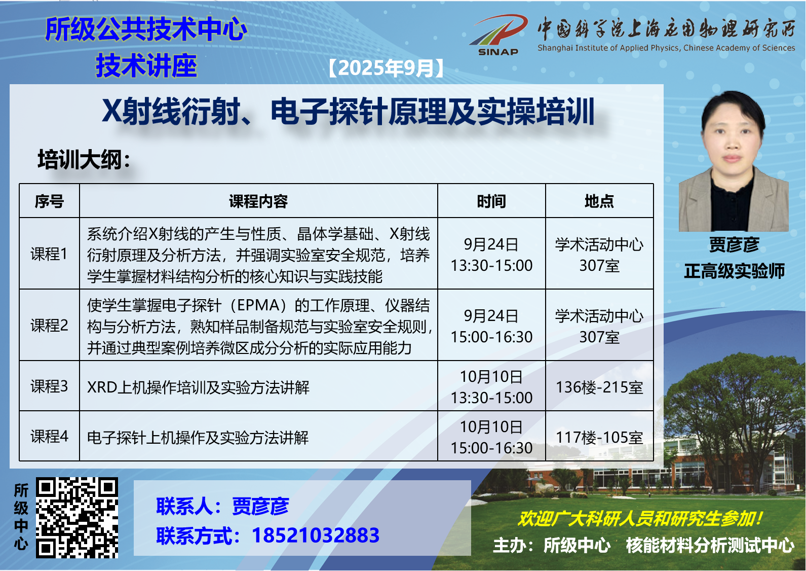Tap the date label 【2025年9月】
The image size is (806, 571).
[x=387, y=68]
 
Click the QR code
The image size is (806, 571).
[x=76, y=518]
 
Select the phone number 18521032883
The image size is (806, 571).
[x=316, y=535]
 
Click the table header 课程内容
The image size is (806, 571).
[x=258, y=201]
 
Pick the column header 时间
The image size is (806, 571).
[x=491, y=201]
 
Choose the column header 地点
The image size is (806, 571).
[x=599, y=201]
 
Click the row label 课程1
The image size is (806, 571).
[x=49, y=254]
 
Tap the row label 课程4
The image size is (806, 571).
[x=49, y=436]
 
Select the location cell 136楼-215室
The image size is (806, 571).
[x=599, y=387]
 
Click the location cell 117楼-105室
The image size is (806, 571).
[x=599, y=437]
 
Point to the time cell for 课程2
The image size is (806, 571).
[x=491, y=327]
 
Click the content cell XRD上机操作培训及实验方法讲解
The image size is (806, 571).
[x=198, y=387]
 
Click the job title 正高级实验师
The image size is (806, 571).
[x=734, y=271]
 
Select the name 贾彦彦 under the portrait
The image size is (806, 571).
[x=734, y=244]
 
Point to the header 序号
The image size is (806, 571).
[x=49, y=201]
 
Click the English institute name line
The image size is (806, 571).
[x=666, y=48]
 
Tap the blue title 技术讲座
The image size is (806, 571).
[x=146, y=65]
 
